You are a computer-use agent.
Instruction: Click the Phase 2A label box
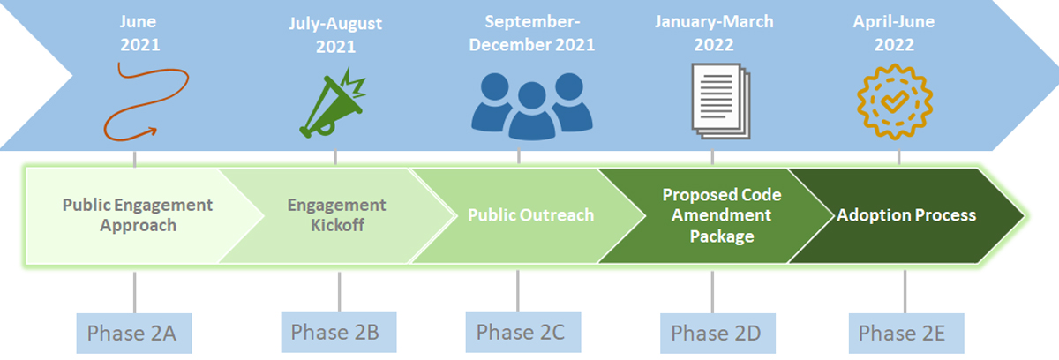point(134,333)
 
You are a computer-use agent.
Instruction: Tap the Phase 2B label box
point(339,332)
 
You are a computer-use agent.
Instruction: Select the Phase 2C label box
point(523,332)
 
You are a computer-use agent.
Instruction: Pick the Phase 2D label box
point(717,333)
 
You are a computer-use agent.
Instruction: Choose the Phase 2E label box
point(906,333)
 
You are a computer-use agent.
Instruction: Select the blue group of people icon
point(532,107)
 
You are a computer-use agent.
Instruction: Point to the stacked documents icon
point(720,101)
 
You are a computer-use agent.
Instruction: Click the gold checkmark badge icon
point(895,101)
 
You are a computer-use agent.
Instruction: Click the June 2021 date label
point(139,33)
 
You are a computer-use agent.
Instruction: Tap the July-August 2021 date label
point(335,35)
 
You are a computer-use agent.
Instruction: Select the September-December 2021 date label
point(532,33)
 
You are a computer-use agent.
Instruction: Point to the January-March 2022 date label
point(714,33)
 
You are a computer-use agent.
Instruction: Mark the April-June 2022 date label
point(894,33)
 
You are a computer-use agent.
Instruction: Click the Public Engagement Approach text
point(138,215)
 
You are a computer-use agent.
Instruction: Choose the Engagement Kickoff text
point(336,215)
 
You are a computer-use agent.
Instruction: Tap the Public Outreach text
point(531,215)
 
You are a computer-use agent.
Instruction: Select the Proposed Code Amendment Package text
point(722,215)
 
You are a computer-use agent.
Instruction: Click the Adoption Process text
point(906,215)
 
